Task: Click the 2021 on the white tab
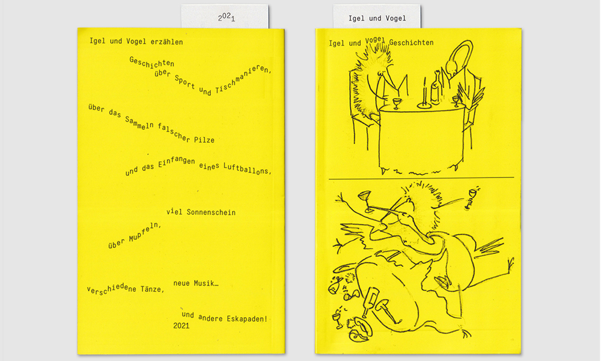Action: tap(226, 17)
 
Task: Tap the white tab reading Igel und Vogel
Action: tap(377, 16)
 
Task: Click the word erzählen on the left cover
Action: tap(166, 42)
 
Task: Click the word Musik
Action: tap(206, 283)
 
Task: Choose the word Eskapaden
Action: tap(247, 319)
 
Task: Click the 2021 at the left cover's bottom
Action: tap(182, 326)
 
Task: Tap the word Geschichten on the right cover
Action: tap(411, 43)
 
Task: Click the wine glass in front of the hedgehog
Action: tap(397, 103)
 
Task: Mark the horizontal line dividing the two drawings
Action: tap(421, 178)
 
